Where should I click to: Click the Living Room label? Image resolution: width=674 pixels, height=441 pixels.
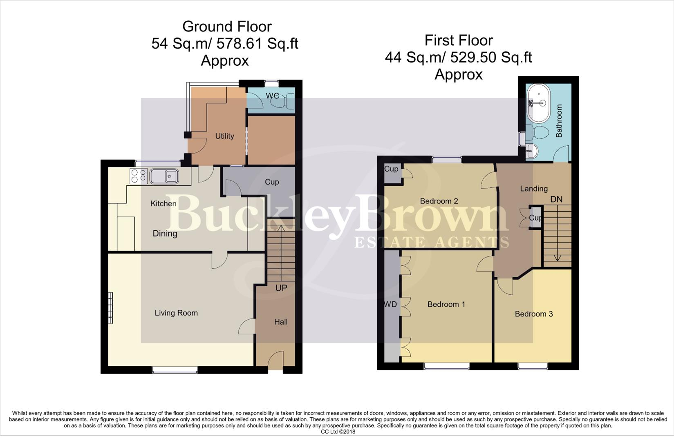[x=176, y=313]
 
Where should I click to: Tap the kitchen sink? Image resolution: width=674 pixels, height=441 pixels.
[x=164, y=176]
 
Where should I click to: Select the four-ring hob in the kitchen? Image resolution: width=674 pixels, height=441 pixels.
[x=138, y=176]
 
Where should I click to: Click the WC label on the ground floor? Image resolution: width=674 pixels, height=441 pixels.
[x=272, y=96]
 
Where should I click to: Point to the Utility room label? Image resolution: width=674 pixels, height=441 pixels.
[x=224, y=136]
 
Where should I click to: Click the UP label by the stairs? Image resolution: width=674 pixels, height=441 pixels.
[x=281, y=288]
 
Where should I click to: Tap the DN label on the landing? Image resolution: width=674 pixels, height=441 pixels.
[x=556, y=199]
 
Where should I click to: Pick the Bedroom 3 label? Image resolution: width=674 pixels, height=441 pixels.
[x=534, y=314]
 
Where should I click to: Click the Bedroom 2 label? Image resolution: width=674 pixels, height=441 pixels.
[x=439, y=201]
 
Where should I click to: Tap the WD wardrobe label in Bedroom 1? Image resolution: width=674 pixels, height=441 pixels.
[x=390, y=304]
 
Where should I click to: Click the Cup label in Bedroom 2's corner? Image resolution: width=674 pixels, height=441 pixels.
[x=391, y=169]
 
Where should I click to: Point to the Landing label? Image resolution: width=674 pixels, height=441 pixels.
[x=534, y=189]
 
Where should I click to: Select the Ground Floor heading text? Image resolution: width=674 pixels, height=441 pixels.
[x=227, y=27]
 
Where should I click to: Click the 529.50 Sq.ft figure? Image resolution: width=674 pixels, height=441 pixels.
[x=491, y=58]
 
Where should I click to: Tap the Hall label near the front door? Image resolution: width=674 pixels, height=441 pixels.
[x=281, y=322]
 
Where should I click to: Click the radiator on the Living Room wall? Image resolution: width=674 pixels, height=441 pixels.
[x=110, y=308]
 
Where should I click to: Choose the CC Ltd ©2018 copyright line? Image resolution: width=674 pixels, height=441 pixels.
[x=338, y=432]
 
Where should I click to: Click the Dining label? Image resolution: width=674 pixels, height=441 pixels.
[x=165, y=234]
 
